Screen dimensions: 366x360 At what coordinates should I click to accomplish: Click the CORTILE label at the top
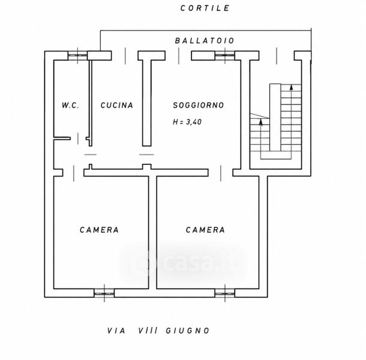[x=205, y=8]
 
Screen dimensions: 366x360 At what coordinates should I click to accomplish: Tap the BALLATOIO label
[x=204, y=41]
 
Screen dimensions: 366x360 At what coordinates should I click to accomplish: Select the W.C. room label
[x=70, y=105]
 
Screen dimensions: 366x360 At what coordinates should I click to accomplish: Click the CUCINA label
[x=117, y=105]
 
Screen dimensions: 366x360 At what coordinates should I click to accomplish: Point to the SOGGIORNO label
[x=199, y=105]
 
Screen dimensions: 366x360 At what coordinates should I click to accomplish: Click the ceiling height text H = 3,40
[x=187, y=122]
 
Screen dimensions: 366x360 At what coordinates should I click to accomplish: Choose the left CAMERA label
[x=99, y=230]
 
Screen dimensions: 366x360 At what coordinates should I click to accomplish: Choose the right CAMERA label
[x=205, y=230]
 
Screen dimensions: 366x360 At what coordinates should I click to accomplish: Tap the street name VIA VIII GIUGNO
[x=158, y=331]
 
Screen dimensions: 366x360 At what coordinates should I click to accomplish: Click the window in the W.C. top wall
[x=78, y=56]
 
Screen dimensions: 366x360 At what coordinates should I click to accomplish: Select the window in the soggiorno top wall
[x=225, y=56]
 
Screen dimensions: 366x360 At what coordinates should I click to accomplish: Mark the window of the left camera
[x=104, y=293]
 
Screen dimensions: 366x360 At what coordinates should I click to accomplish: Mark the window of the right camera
[x=225, y=293]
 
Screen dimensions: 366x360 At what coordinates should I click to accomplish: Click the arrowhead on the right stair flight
[x=291, y=87]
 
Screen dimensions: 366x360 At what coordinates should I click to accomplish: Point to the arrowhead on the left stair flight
[x=261, y=122]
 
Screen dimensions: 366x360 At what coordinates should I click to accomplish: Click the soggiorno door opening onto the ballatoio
[x=179, y=56]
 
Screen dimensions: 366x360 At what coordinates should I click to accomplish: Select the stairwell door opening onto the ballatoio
[x=277, y=56]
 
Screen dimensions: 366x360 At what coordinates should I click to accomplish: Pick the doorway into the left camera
[x=74, y=173]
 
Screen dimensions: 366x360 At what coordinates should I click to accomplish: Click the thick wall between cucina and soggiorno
[x=147, y=103]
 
